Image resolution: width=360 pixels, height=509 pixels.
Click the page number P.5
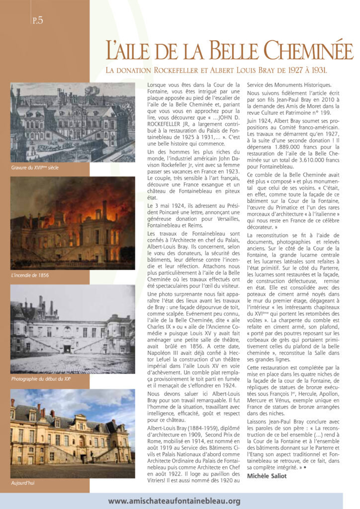pyautogui.click(x=37, y=20)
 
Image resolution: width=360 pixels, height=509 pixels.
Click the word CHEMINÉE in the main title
pyautogui.click(x=308, y=51)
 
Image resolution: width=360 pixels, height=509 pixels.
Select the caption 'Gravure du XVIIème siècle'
pyautogui.click(x=35, y=168)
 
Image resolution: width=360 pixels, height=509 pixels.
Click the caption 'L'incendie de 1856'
pyautogui.click(x=30, y=275)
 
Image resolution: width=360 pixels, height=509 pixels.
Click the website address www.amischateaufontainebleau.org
pyautogui.click(x=174, y=501)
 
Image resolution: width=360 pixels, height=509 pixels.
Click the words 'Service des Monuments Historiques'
pyautogui.click(x=286, y=85)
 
